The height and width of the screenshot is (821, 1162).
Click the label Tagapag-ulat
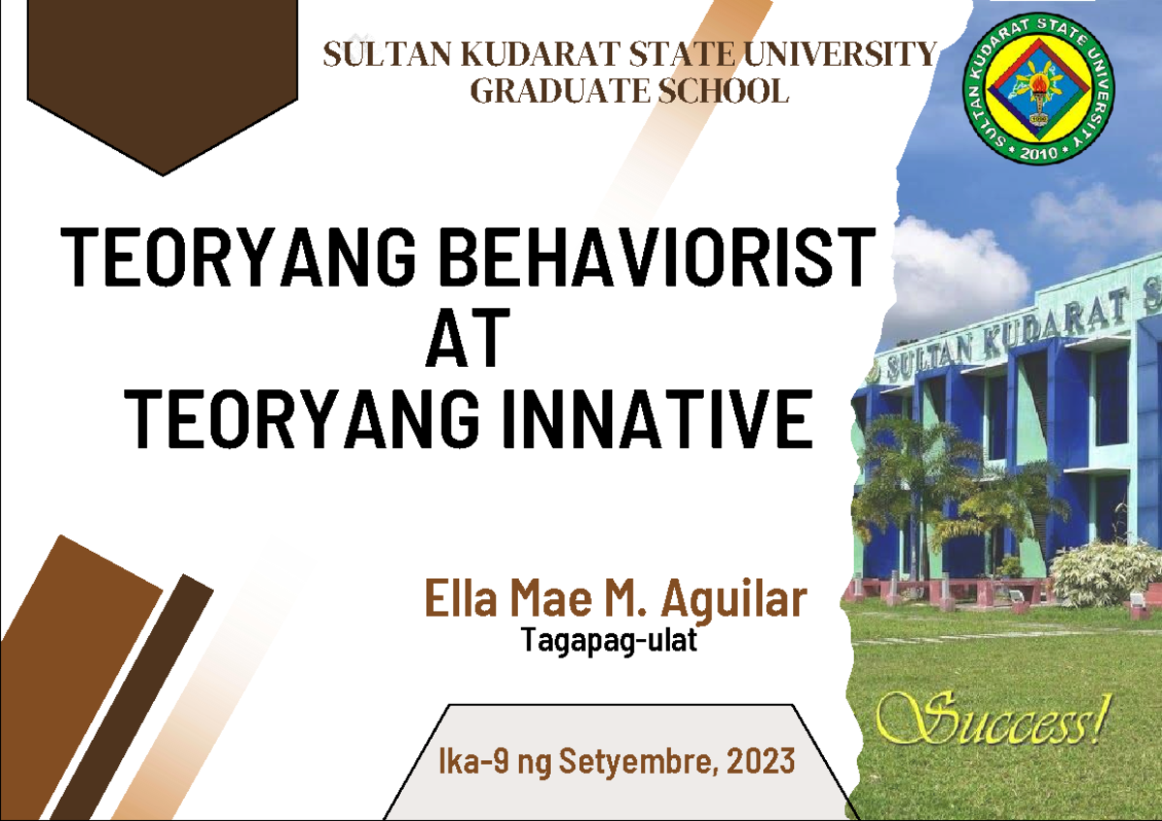point(608,641)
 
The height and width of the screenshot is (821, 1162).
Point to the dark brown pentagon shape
point(162,82)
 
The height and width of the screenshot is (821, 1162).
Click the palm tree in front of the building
point(905,465)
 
